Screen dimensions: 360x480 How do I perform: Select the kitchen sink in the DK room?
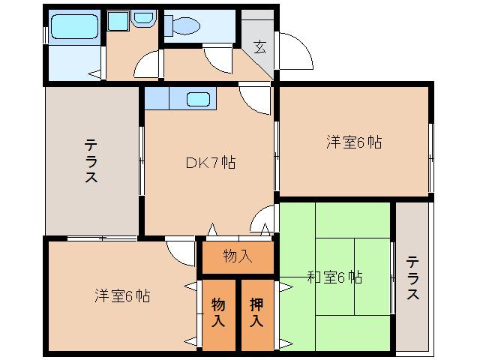tap(198, 99)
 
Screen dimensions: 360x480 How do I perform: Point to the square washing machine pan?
tap(118, 22)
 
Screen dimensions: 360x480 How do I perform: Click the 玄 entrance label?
tap(259, 48)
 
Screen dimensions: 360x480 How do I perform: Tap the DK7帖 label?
tap(210, 163)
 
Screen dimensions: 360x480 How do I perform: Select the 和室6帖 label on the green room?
tap(334, 277)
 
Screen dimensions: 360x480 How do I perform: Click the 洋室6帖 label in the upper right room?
tap(353, 142)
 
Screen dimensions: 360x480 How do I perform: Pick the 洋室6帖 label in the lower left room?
tap(121, 295)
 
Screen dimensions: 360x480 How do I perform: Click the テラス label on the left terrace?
tap(91, 161)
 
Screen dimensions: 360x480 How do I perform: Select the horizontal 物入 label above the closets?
tap(238, 256)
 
